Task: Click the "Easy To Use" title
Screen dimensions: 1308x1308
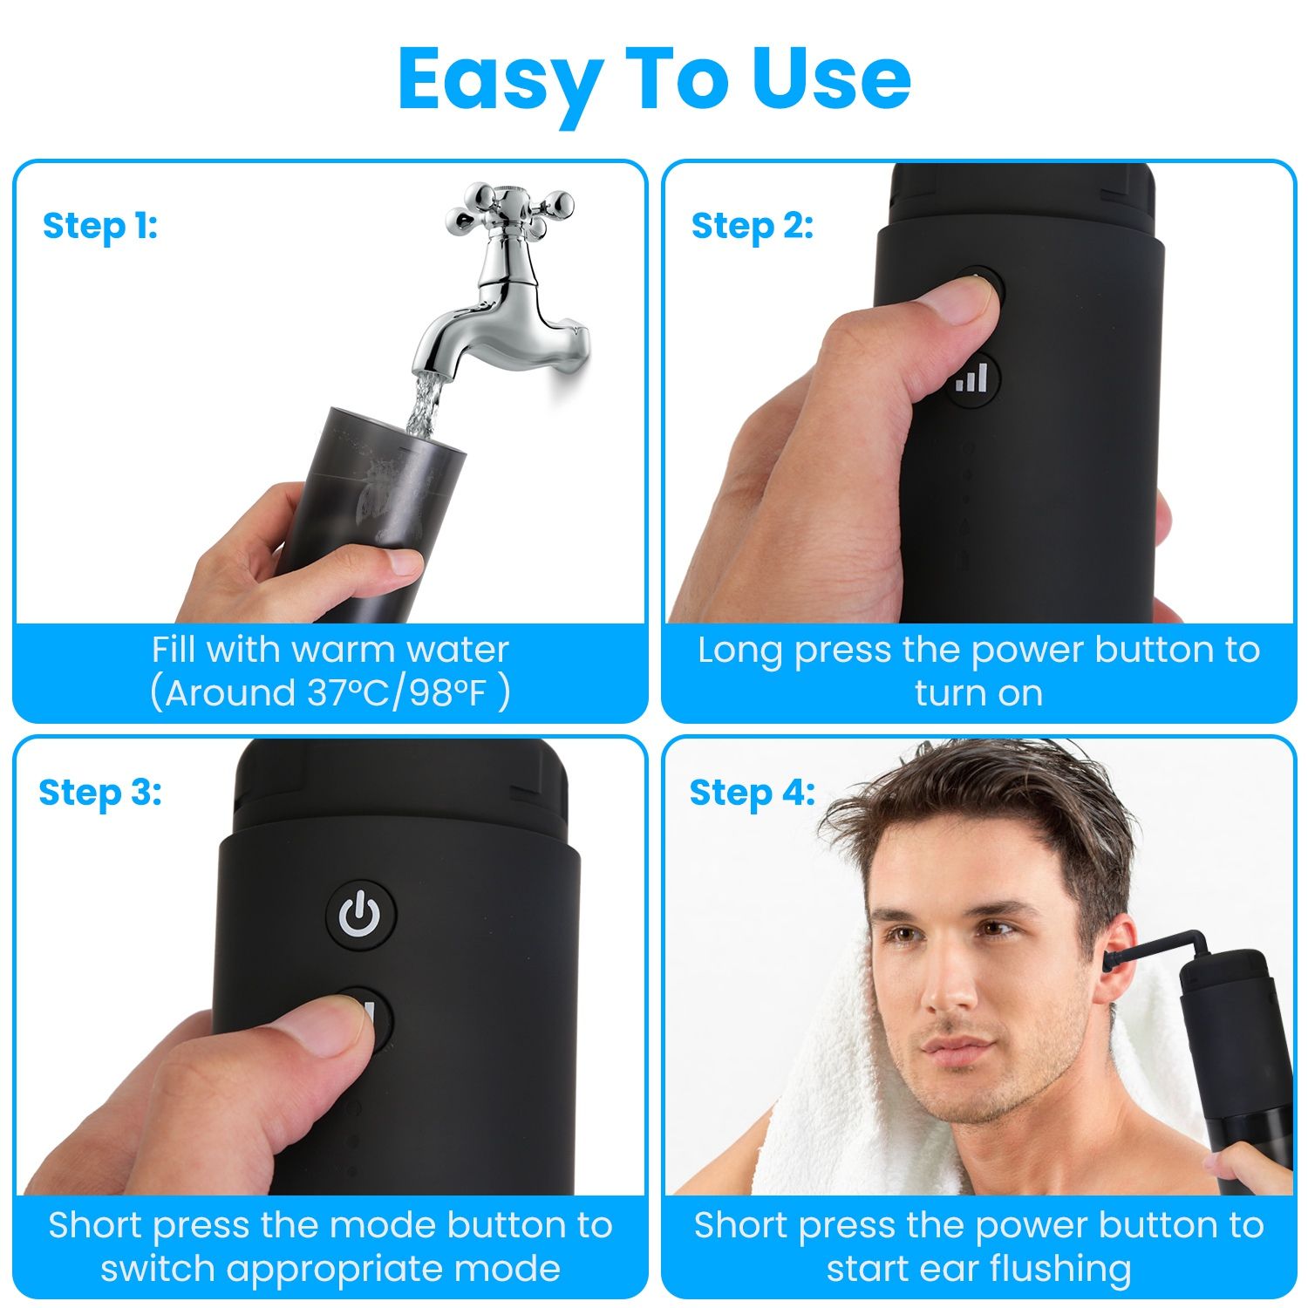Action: (x=654, y=80)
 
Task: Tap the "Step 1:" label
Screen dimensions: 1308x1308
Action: (x=100, y=226)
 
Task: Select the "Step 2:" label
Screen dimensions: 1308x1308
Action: (x=753, y=226)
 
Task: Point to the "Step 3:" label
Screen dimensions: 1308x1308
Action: (x=100, y=793)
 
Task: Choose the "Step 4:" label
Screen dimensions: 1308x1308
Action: (x=753, y=793)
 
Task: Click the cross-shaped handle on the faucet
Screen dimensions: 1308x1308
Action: (x=509, y=209)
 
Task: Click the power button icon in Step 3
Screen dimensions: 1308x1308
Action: (x=360, y=914)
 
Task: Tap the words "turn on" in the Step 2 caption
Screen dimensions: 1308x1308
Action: (x=978, y=693)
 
